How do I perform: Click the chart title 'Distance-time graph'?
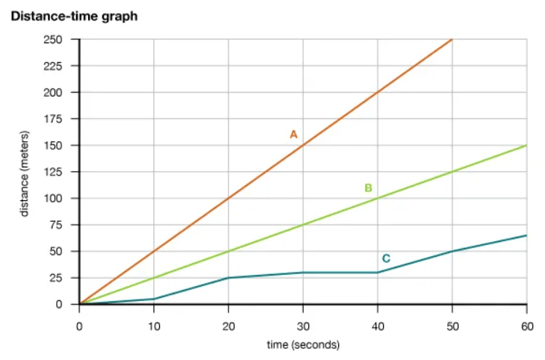(74, 16)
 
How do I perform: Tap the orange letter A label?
(293, 134)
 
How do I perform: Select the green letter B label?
(368, 187)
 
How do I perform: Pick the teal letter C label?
(386, 258)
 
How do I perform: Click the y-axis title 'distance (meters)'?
(24, 172)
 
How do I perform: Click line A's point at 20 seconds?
(228, 199)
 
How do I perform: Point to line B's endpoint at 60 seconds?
(526, 146)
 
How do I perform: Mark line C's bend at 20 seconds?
(228, 278)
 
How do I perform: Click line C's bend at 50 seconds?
(452, 251)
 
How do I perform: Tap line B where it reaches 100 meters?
(378, 199)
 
